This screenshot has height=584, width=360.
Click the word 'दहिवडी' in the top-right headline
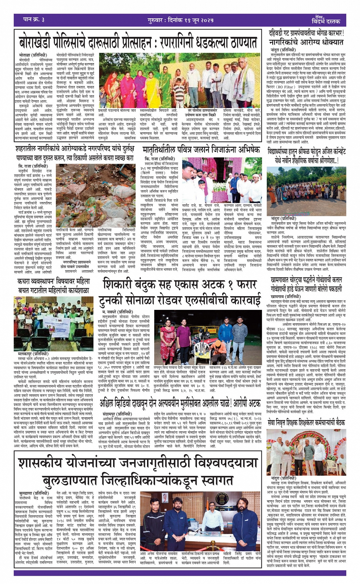click(x=281, y=34)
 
